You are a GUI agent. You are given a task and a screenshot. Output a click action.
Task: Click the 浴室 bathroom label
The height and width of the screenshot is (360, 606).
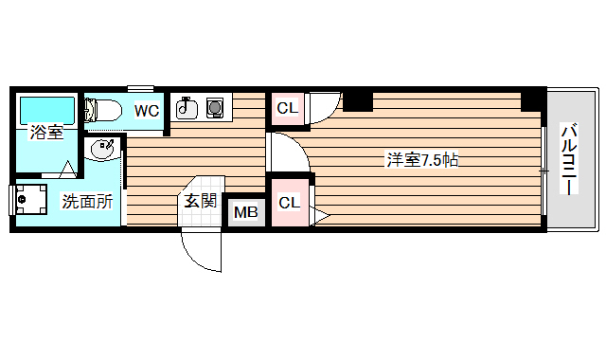[46, 133]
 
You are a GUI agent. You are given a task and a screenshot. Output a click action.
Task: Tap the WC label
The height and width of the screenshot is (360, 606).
[146, 111]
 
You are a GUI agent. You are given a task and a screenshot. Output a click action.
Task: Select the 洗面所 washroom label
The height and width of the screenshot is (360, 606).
[87, 201]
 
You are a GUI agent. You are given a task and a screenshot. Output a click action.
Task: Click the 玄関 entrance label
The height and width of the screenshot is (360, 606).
[200, 200]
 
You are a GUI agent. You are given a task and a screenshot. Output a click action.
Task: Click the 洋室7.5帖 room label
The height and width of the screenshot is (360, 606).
[422, 160]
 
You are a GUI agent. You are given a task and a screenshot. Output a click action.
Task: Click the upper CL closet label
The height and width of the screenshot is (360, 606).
[288, 108]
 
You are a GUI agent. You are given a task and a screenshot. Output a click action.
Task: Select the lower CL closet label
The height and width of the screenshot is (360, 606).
[289, 202]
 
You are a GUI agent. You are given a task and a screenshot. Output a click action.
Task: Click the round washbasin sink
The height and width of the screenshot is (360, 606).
[101, 150]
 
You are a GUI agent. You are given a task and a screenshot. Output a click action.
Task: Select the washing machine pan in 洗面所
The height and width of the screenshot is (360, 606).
[35, 200]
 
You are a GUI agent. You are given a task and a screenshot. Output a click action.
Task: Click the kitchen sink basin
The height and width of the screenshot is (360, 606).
[187, 108]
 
